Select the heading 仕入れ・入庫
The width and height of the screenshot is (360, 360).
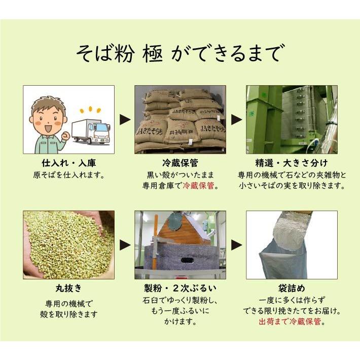[x=68, y=163]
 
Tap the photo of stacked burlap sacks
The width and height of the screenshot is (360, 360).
[x=180, y=120]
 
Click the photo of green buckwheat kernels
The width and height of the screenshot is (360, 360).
[x=68, y=244]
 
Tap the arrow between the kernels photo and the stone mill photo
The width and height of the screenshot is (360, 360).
[x=124, y=245]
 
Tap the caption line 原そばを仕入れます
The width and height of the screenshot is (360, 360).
[x=68, y=175]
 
